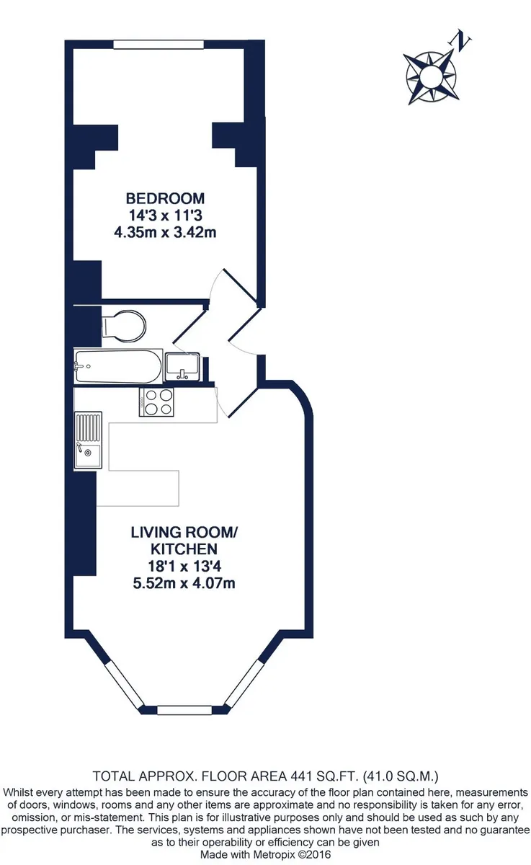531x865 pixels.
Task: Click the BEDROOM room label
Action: (165, 198)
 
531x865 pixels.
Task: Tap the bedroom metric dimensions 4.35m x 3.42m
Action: (165, 232)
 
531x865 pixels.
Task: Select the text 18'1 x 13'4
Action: (184, 566)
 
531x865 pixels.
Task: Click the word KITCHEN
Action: (184, 549)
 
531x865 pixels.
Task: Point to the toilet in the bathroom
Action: (123, 326)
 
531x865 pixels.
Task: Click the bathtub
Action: (117, 366)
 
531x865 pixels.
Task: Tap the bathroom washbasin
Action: (182, 366)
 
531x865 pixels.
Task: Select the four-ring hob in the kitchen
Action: (156, 402)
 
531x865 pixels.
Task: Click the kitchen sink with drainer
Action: (88, 440)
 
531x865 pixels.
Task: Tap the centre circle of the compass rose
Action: (430, 76)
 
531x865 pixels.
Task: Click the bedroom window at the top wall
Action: (159, 45)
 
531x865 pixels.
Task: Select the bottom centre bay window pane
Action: (184, 710)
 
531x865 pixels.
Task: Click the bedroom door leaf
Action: (241, 285)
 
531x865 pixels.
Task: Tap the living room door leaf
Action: (244, 402)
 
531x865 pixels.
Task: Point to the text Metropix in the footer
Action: (270, 855)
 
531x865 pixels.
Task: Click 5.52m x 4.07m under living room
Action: (184, 583)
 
